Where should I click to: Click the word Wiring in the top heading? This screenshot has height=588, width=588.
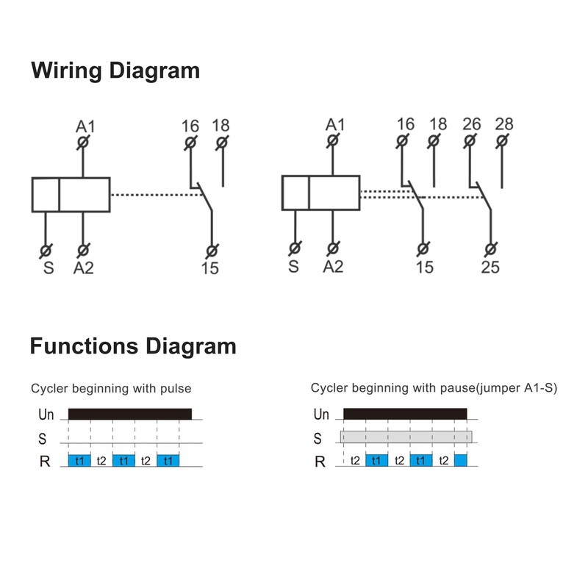(66, 71)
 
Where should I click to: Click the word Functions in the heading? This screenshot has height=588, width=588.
(84, 345)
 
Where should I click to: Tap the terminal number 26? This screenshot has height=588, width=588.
(471, 124)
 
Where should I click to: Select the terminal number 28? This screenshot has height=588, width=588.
(504, 124)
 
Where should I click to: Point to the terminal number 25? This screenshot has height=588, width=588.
(490, 268)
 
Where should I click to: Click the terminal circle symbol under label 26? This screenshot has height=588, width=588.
(470, 141)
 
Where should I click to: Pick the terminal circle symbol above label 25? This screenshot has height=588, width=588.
(490, 248)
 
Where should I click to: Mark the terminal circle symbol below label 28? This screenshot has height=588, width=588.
(502, 141)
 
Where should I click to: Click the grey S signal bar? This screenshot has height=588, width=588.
(406, 437)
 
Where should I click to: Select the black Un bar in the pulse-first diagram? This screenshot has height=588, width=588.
(130, 414)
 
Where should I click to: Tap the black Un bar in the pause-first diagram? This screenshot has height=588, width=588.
(406, 414)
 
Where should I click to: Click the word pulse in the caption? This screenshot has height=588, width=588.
(176, 389)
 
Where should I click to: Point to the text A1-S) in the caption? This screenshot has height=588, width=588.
(541, 388)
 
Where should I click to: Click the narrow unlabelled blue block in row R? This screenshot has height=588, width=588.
(461, 460)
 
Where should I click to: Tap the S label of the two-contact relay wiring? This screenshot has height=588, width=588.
(293, 267)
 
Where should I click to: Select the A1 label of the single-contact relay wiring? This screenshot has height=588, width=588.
(85, 126)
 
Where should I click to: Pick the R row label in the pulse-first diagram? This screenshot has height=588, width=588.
(45, 462)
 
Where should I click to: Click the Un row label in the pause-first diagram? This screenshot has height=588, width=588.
(321, 415)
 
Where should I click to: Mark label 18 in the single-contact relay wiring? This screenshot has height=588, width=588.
(220, 126)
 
